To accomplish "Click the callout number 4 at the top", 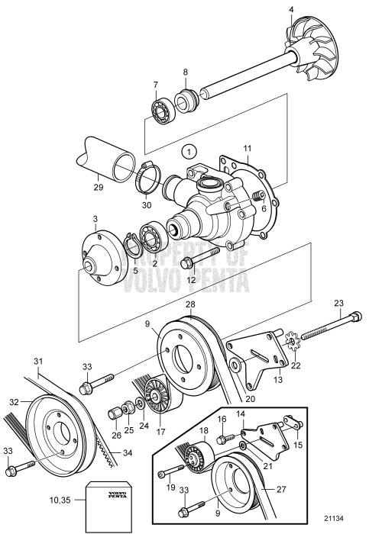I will point(290,10).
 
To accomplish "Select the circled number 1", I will point(191,151).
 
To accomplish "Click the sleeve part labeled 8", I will point(184,100).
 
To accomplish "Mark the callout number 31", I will point(37,361).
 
